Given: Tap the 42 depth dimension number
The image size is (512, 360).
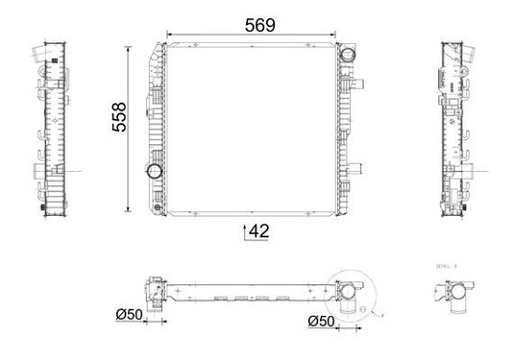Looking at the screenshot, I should pyautogui.click(x=259, y=230).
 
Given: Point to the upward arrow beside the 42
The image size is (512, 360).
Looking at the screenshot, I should pyautogui.click(x=245, y=229).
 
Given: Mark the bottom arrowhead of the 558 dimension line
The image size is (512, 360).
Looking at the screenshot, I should pyautogui.click(x=129, y=208).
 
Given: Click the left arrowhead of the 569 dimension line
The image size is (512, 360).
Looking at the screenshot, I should pyautogui.click(x=171, y=36).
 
